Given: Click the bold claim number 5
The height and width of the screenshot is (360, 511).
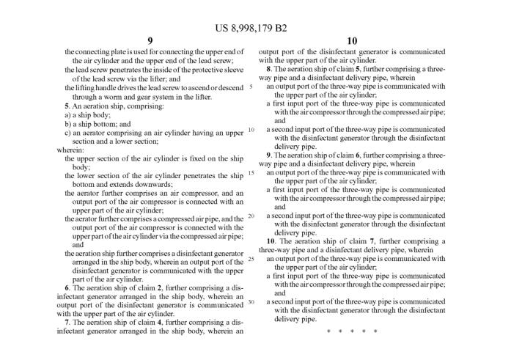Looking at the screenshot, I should tap(67, 106).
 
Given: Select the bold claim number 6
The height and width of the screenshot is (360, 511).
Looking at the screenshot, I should tap(67, 287).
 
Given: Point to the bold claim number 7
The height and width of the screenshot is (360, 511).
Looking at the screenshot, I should tap(67, 321).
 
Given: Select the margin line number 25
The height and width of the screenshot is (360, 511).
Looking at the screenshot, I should tap(251, 259).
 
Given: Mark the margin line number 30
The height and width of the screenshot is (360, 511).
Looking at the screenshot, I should tap(251, 301).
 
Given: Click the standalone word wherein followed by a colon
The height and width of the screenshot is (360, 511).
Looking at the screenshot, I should tap(70, 150).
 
